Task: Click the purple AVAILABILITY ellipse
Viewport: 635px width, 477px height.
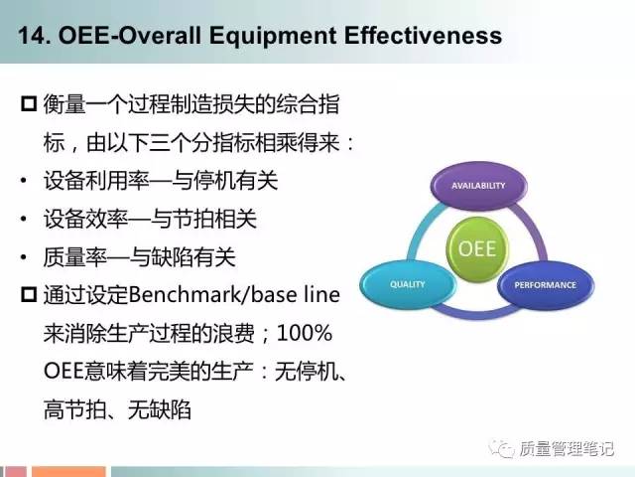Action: tap(478, 186)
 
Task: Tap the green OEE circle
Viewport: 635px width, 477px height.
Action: tap(477, 248)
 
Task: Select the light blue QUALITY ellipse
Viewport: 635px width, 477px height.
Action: tap(408, 284)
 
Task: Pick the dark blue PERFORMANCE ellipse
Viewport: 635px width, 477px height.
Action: tap(545, 285)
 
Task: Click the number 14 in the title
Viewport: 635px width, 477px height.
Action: tap(30, 36)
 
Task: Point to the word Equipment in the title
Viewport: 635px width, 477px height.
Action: tap(273, 37)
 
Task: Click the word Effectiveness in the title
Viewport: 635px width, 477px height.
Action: tap(424, 35)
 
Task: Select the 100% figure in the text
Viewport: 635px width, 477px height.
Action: tap(305, 333)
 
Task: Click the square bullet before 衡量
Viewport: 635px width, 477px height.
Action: tap(29, 103)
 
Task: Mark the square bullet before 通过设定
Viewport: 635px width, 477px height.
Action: tap(29, 294)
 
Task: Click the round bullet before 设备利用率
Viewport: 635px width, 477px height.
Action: tap(24, 181)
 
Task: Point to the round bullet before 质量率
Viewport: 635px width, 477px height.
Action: tap(24, 257)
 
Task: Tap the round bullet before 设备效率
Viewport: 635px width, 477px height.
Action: tap(24, 219)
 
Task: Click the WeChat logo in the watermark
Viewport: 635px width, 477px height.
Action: tap(501, 448)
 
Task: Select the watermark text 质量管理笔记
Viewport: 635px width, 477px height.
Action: tap(567, 448)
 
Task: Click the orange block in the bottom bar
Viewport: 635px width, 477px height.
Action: tap(68, 472)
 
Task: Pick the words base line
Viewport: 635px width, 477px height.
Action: tap(296, 295)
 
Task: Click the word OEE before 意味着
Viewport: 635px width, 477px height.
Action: tap(63, 371)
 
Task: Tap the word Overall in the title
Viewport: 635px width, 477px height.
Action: tap(160, 36)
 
